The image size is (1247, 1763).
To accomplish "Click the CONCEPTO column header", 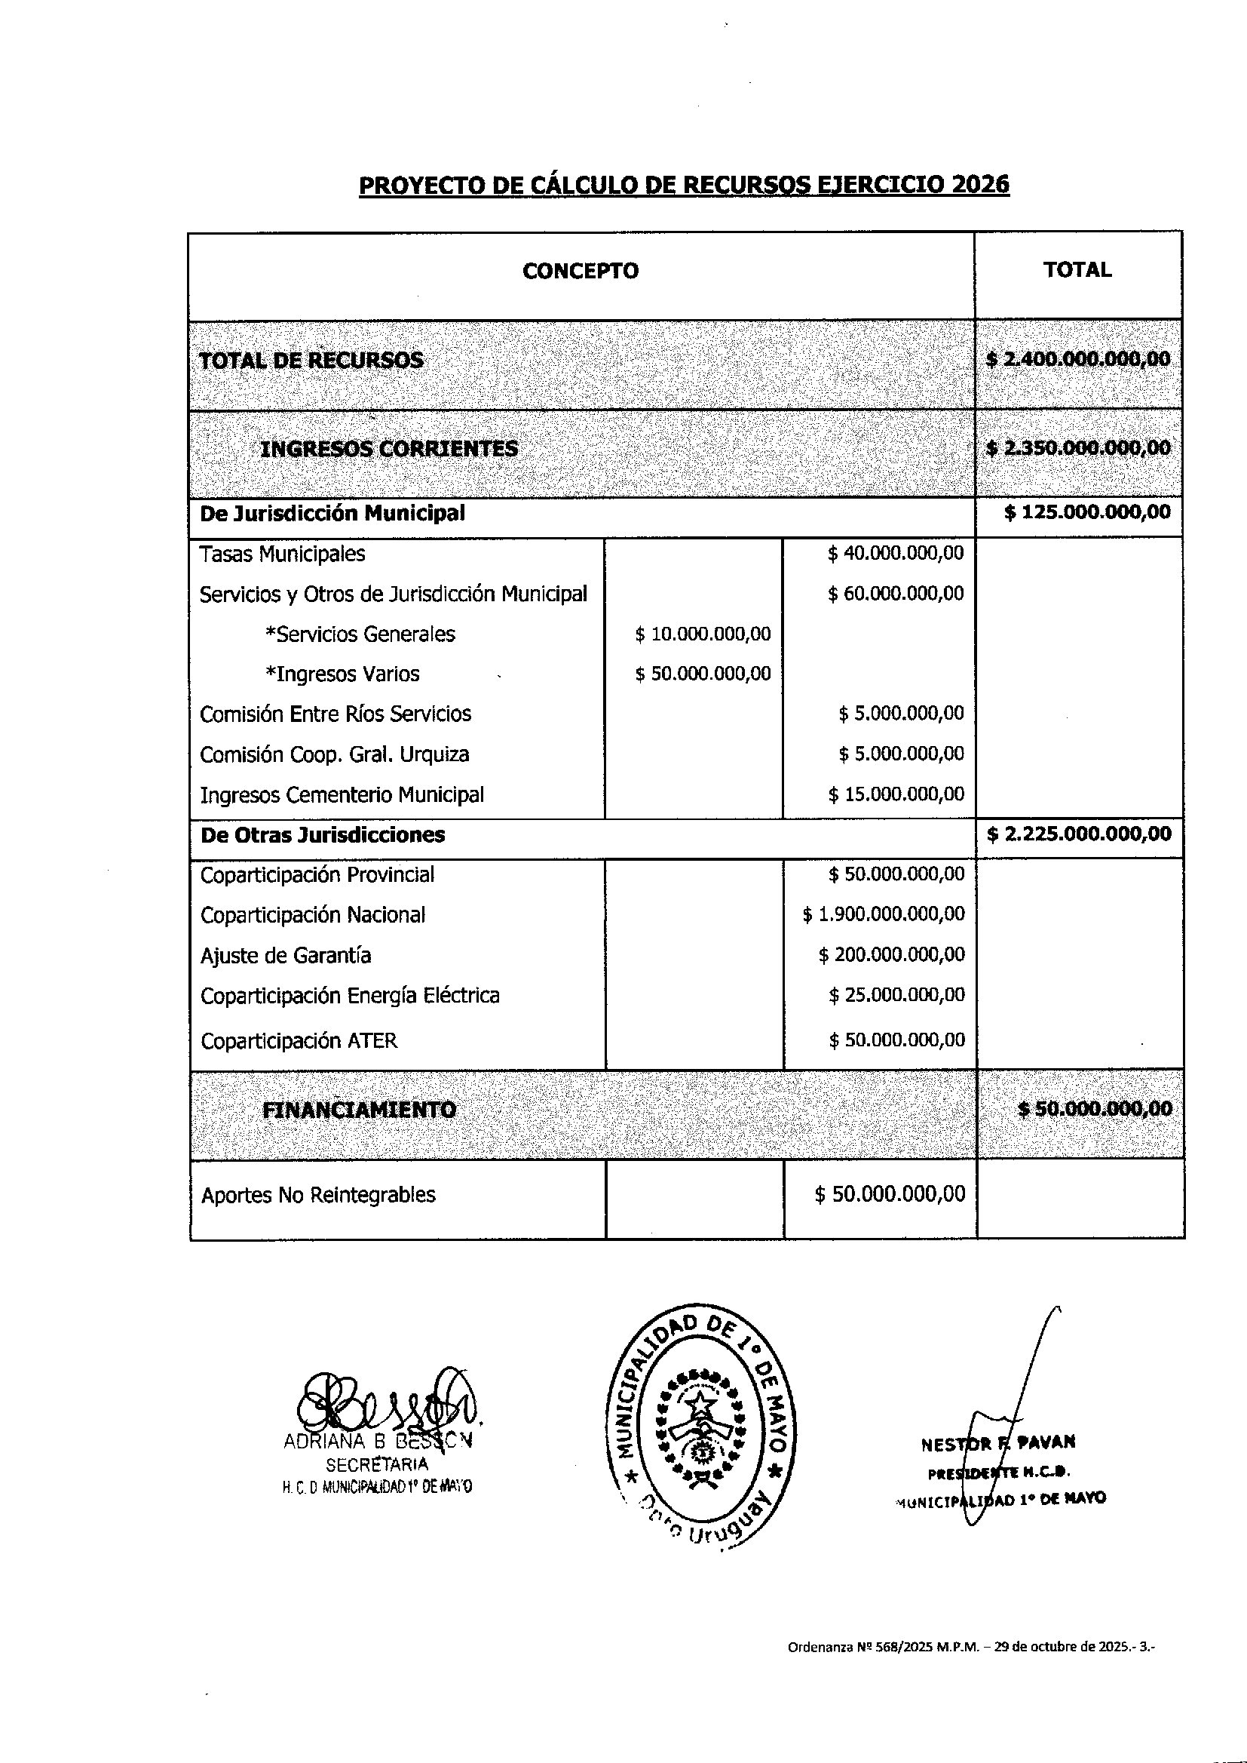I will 580,271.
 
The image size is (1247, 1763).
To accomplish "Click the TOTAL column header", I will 1077,269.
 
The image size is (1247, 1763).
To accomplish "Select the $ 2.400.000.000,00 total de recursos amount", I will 1078,359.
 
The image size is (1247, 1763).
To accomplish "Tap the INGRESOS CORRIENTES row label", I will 388,449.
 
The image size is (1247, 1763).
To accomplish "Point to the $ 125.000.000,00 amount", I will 1087,512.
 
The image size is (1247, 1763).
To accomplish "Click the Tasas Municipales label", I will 282,554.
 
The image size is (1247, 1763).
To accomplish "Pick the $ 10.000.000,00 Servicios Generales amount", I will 703,634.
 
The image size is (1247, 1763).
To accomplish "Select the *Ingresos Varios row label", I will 342,674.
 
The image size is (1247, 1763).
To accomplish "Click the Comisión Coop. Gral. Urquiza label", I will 334,754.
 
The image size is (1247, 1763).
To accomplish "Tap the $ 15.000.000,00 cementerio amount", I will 896,794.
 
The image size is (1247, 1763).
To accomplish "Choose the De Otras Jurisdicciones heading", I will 323,835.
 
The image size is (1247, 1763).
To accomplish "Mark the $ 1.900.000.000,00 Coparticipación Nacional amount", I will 884,914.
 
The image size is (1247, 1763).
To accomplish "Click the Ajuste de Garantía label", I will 286,956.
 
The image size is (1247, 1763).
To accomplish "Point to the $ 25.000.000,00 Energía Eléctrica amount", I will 897,995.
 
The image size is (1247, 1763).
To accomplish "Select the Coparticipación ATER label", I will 299,1041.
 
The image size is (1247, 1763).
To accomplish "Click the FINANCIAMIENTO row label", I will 360,1110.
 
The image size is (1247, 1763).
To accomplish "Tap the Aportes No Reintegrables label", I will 318,1195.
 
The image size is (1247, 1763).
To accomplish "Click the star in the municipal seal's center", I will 700,1405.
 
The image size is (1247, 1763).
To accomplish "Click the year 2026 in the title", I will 980,185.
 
